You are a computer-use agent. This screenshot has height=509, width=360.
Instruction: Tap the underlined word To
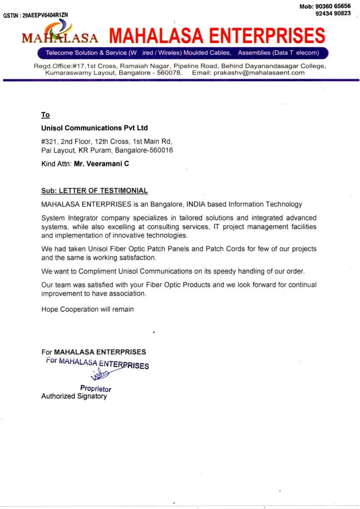(x=45, y=115)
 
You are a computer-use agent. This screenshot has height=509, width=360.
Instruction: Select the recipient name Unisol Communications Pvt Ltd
(x=94, y=128)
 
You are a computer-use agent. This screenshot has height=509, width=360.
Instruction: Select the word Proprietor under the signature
(x=96, y=389)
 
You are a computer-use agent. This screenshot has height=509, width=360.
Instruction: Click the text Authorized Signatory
(x=74, y=396)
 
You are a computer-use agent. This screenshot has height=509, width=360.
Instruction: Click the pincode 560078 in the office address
(x=167, y=73)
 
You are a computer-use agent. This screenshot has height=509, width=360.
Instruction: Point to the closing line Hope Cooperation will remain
(x=88, y=309)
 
